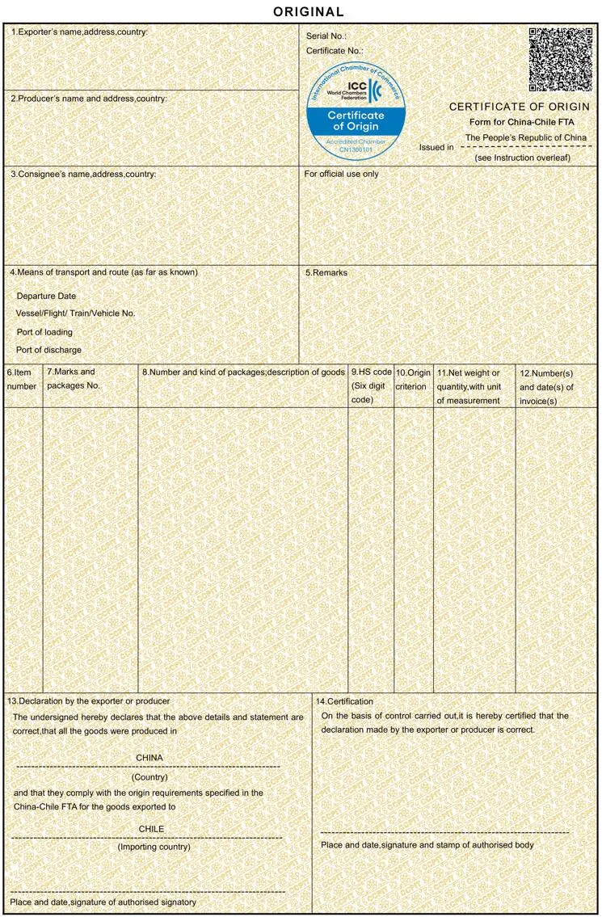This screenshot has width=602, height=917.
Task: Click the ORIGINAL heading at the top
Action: coord(308,12)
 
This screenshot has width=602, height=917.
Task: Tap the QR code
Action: coord(561,60)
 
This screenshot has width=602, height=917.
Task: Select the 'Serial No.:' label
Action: coord(326,36)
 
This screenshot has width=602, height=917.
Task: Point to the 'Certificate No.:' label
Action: coord(335,51)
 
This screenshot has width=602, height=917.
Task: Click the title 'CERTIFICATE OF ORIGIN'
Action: coord(519,107)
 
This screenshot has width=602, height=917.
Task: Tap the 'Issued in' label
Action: coord(436,147)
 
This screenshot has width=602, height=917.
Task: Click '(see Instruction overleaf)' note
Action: coord(523,158)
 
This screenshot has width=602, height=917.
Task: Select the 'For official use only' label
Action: coord(341,174)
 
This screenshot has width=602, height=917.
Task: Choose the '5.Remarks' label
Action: coord(326,273)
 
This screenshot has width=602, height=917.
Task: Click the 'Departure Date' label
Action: coord(46,297)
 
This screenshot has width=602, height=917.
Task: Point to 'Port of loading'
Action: coord(44,332)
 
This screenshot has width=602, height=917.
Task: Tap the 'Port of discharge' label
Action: coord(48,350)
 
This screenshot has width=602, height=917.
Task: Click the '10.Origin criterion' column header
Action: coord(413,380)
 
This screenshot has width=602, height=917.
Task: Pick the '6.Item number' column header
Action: coord(21,380)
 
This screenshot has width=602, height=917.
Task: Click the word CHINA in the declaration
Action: coord(149,758)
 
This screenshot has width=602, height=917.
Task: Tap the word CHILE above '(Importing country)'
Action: coord(151,829)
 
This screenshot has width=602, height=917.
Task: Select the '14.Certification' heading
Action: coord(344,701)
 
